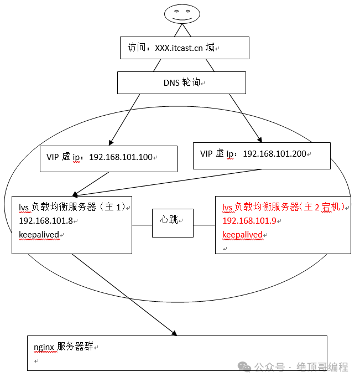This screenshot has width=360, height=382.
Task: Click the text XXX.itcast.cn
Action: coord(179,48)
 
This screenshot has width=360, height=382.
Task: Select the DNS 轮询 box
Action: coord(181,82)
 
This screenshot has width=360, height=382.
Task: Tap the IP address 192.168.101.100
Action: coord(120,157)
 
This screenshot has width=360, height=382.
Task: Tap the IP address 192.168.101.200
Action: coord(274,153)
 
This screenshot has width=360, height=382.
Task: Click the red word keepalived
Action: coord(242,235)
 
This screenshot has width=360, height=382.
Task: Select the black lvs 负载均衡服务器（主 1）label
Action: coord(72,207)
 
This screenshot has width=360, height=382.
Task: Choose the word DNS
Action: coord(171,82)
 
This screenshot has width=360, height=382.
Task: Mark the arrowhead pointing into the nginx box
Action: coord(174,333)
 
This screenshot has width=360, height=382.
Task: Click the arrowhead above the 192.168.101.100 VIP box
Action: coord(112,142)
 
